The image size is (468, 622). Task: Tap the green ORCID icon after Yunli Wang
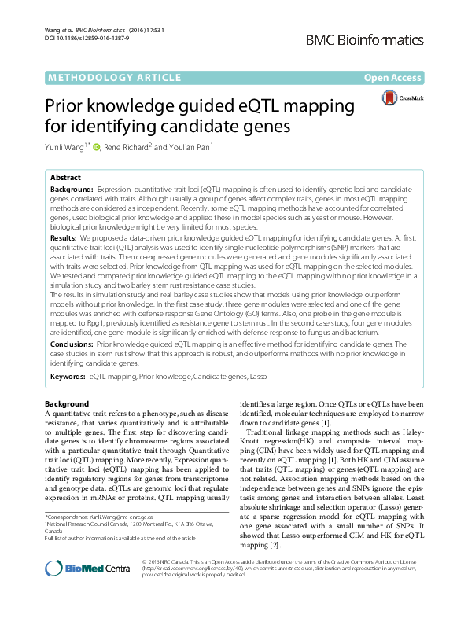coord(96,145)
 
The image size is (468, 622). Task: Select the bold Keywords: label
coord(68,377)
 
